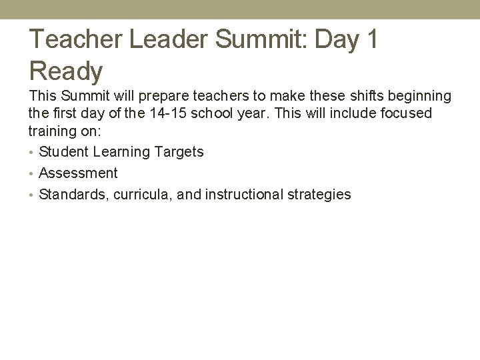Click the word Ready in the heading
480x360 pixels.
point(65,71)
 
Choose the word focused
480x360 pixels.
point(407,113)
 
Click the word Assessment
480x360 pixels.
point(78,173)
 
